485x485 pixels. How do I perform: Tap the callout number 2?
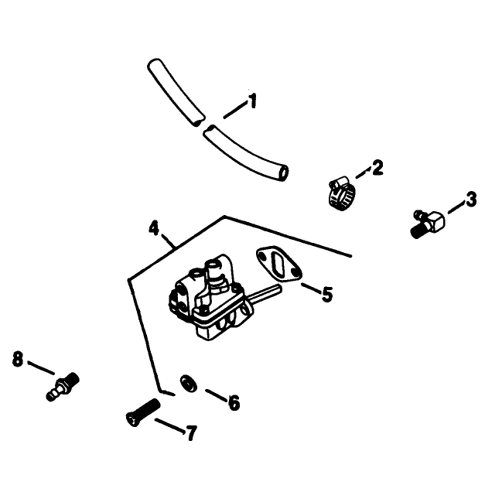(377, 167)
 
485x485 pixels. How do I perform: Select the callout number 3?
(471, 200)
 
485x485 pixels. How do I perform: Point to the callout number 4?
(154, 228)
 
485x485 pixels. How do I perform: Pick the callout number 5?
(327, 294)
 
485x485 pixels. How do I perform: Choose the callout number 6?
(234, 403)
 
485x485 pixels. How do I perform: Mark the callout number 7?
(191, 432)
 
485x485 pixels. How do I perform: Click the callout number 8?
(18, 359)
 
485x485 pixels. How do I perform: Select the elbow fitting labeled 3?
(429, 223)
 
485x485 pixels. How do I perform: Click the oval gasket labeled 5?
(278, 264)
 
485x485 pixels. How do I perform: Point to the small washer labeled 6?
(189, 384)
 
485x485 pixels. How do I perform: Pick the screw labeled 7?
(143, 412)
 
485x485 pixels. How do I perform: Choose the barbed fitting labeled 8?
(63, 387)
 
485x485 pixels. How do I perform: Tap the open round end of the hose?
(283, 172)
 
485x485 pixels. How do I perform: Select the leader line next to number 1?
(235, 111)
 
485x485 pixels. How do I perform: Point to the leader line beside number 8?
(41, 368)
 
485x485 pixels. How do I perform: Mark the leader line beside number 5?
(310, 289)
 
